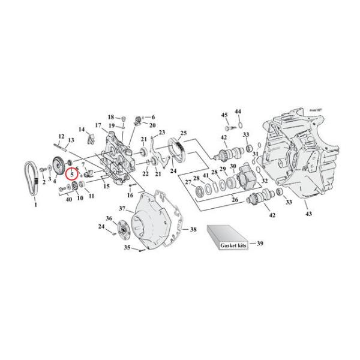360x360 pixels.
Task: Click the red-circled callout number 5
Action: (x=73, y=175)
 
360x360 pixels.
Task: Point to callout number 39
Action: (x=260, y=244)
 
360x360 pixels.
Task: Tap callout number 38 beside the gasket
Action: (x=193, y=229)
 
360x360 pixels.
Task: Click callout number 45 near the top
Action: (x=224, y=115)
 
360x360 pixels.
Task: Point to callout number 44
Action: (x=238, y=112)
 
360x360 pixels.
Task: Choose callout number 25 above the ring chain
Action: (x=184, y=133)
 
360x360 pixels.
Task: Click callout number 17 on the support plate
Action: (x=97, y=125)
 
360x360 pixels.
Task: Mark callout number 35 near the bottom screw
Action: (x=127, y=247)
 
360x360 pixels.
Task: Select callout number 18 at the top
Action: (x=111, y=116)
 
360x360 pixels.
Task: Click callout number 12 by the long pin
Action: (x=61, y=137)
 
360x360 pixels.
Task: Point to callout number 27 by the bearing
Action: (x=188, y=182)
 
